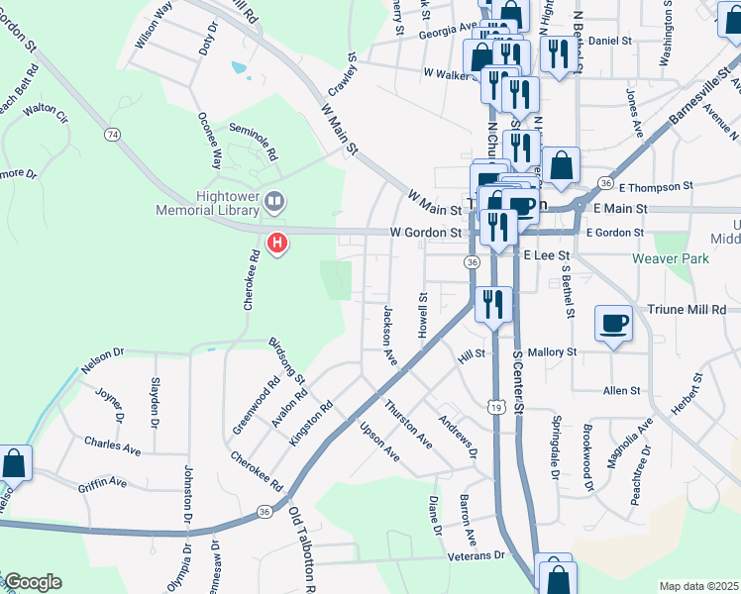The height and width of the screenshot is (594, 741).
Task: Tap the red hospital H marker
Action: pyautogui.click(x=278, y=241)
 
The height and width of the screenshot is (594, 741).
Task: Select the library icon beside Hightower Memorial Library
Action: pyautogui.click(x=275, y=203)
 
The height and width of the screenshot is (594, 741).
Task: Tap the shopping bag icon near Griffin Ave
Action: pyautogui.click(x=14, y=461)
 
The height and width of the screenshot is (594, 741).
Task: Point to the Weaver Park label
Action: pyautogui.click(x=670, y=258)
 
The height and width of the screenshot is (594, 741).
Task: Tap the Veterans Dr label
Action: pyautogui.click(x=476, y=556)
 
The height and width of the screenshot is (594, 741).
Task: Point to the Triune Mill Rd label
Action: pyautogui.click(x=687, y=310)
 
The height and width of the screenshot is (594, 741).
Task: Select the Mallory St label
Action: pyautogui.click(x=552, y=351)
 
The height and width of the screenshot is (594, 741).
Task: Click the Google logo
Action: pyautogui.click(x=34, y=582)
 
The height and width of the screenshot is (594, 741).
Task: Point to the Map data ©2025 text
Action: pyautogui.click(x=697, y=586)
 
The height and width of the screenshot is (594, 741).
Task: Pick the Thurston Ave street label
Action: pyautogui.click(x=409, y=421)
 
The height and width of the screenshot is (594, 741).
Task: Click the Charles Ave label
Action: pyautogui.click(x=112, y=445)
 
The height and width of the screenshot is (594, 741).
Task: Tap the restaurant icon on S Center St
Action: pyautogui.click(x=492, y=303)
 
